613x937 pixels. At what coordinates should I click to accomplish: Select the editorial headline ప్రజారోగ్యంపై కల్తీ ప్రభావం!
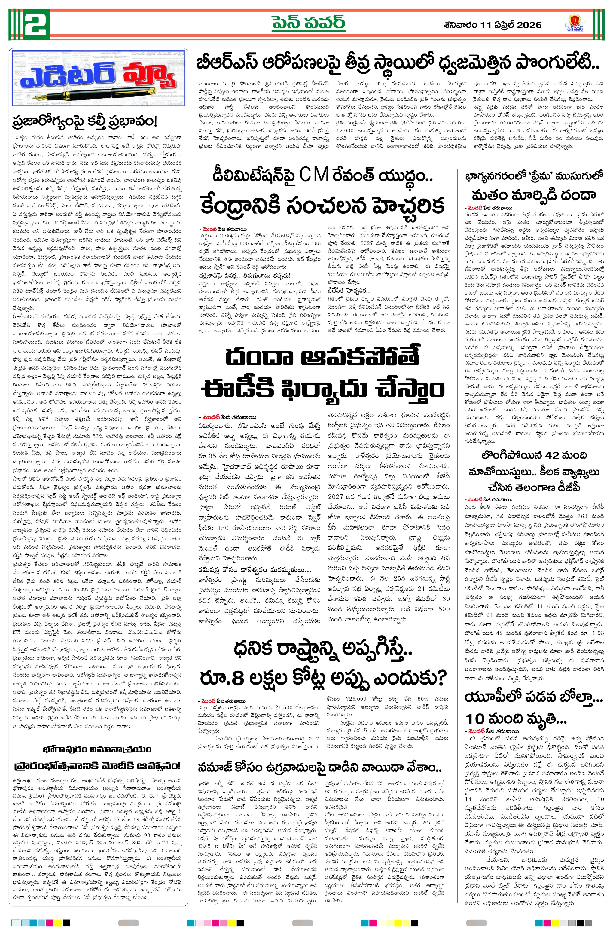85,121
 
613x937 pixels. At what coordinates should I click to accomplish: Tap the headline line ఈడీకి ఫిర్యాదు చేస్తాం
322,389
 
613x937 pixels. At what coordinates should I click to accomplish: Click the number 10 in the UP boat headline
475,719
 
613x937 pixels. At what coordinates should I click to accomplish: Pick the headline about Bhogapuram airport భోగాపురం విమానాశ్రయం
97,749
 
